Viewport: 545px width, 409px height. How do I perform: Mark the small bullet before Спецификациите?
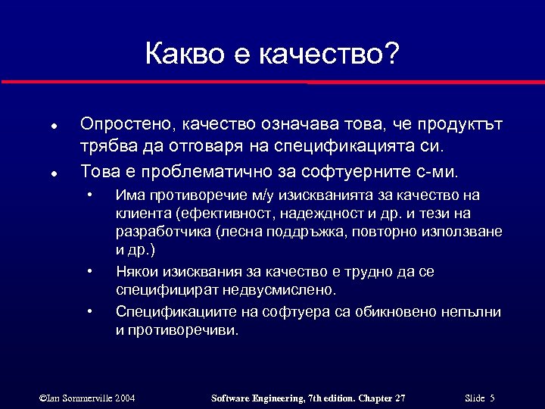click(x=90, y=310)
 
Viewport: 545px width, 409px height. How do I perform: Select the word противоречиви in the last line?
click(x=185, y=329)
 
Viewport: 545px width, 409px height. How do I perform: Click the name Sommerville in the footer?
click(x=89, y=398)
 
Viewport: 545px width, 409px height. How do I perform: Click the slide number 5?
click(x=492, y=398)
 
